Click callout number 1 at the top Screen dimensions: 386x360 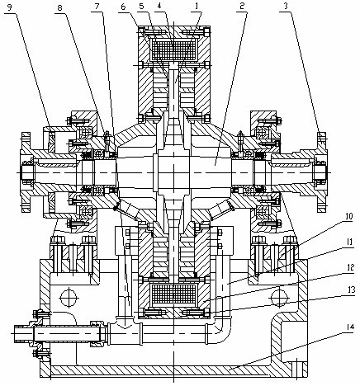[197, 6]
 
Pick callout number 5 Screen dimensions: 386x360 [142, 6]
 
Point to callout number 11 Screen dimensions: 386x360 [351, 243]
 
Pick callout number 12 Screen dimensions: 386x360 [351, 268]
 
